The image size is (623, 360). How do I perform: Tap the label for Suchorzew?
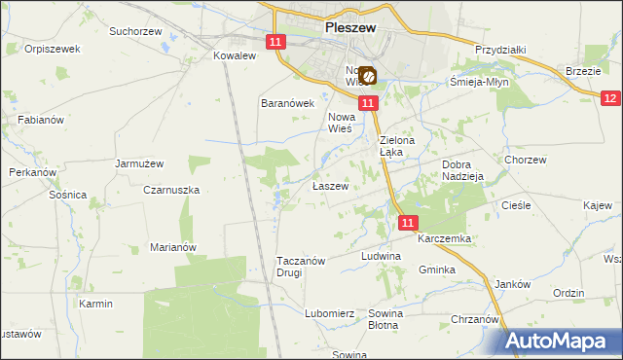click(134, 31)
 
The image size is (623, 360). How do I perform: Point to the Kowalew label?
click(234, 56)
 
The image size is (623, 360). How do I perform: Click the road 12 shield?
click(610, 98)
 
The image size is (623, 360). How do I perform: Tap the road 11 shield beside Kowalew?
click(275, 42)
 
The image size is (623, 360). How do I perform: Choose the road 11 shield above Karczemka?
click(408, 223)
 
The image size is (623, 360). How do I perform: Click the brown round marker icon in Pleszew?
click(368, 74)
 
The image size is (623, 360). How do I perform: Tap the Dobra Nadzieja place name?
click(463, 171)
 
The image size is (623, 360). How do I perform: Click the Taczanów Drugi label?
click(304, 267)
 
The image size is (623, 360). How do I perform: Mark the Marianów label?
click(173, 247)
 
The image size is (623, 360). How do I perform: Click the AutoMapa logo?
click(563, 341)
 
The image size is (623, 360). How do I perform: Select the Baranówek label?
click(287, 103)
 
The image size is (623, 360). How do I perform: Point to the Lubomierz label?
click(328, 313)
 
